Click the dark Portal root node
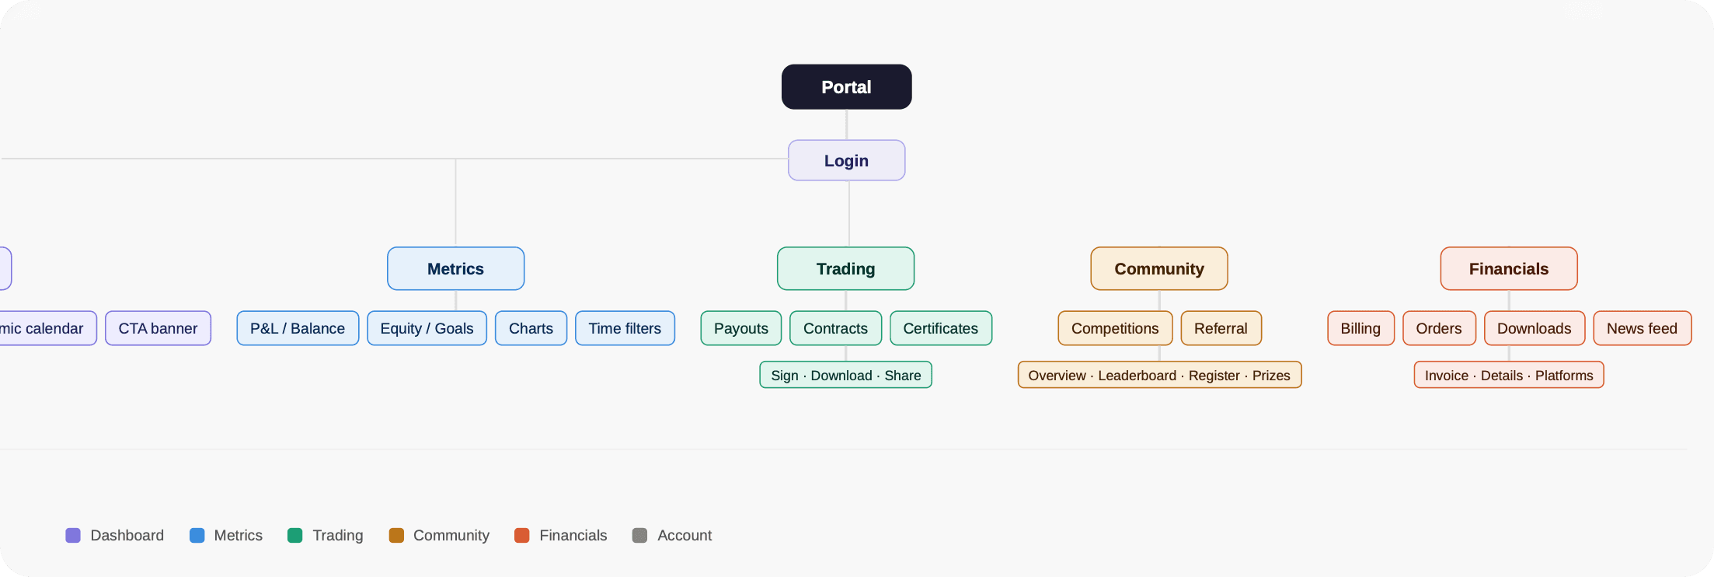click(x=846, y=87)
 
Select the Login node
click(x=846, y=160)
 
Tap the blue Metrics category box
click(x=455, y=269)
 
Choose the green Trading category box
click(x=845, y=269)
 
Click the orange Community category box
click(x=1158, y=269)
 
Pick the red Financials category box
click(x=1508, y=269)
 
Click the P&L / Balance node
click(x=298, y=328)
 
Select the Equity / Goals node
click(x=427, y=328)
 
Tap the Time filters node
click(x=625, y=328)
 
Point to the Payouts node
click(x=740, y=328)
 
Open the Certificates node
click(x=940, y=328)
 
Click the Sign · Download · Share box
click(x=845, y=375)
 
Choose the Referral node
click(x=1221, y=328)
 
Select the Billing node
click(x=1360, y=328)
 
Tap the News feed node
click(x=1642, y=328)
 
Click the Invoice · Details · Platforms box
click(x=1508, y=375)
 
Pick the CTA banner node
click(x=158, y=328)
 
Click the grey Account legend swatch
click(x=639, y=535)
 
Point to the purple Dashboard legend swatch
click(x=73, y=535)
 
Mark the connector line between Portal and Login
click(x=846, y=124)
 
